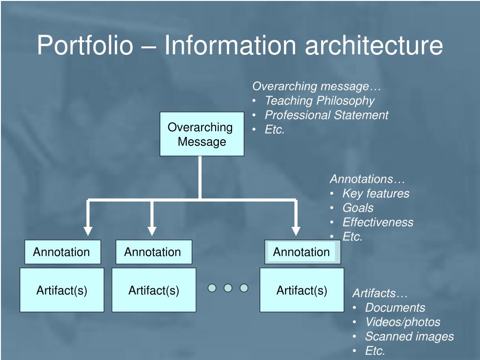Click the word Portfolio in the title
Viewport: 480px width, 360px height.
pyautogui.click(x=85, y=45)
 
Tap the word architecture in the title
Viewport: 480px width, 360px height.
pyautogui.click(x=374, y=45)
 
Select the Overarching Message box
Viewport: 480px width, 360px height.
pyautogui.click(x=202, y=134)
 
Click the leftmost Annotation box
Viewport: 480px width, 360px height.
pyautogui.click(x=62, y=252)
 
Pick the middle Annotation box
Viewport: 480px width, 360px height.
pyautogui.click(x=154, y=252)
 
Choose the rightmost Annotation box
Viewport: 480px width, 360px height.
pyautogui.click(x=302, y=252)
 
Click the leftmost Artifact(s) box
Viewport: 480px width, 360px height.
pyautogui.click(x=62, y=290)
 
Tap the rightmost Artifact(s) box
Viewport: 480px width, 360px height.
pyautogui.click(x=302, y=290)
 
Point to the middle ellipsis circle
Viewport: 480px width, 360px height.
pyautogui.click(x=228, y=288)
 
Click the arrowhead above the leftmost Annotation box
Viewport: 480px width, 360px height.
pyautogui.click(x=88, y=231)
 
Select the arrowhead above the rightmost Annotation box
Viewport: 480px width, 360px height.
pyautogui.click(x=296, y=231)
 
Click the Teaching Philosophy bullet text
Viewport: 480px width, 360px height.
pyautogui.click(x=320, y=101)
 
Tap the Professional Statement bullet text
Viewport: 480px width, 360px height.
pyautogui.click(x=326, y=115)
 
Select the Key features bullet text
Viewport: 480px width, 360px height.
pyautogui.click(x=376, y=194)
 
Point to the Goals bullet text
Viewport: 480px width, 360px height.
pyautogui.click(x=358, y=208)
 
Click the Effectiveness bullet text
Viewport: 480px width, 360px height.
pyautogui.click(x=378, y=222)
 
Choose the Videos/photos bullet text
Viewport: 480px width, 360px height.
pyautogui.click(x=403, y=322)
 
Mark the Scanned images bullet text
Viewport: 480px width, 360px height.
pyautogui.click(x=409, y=337)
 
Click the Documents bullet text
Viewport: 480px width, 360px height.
pyautogui.click(x=395, y=307)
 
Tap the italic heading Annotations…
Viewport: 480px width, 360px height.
pyautogui.click(x=367, y=179)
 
